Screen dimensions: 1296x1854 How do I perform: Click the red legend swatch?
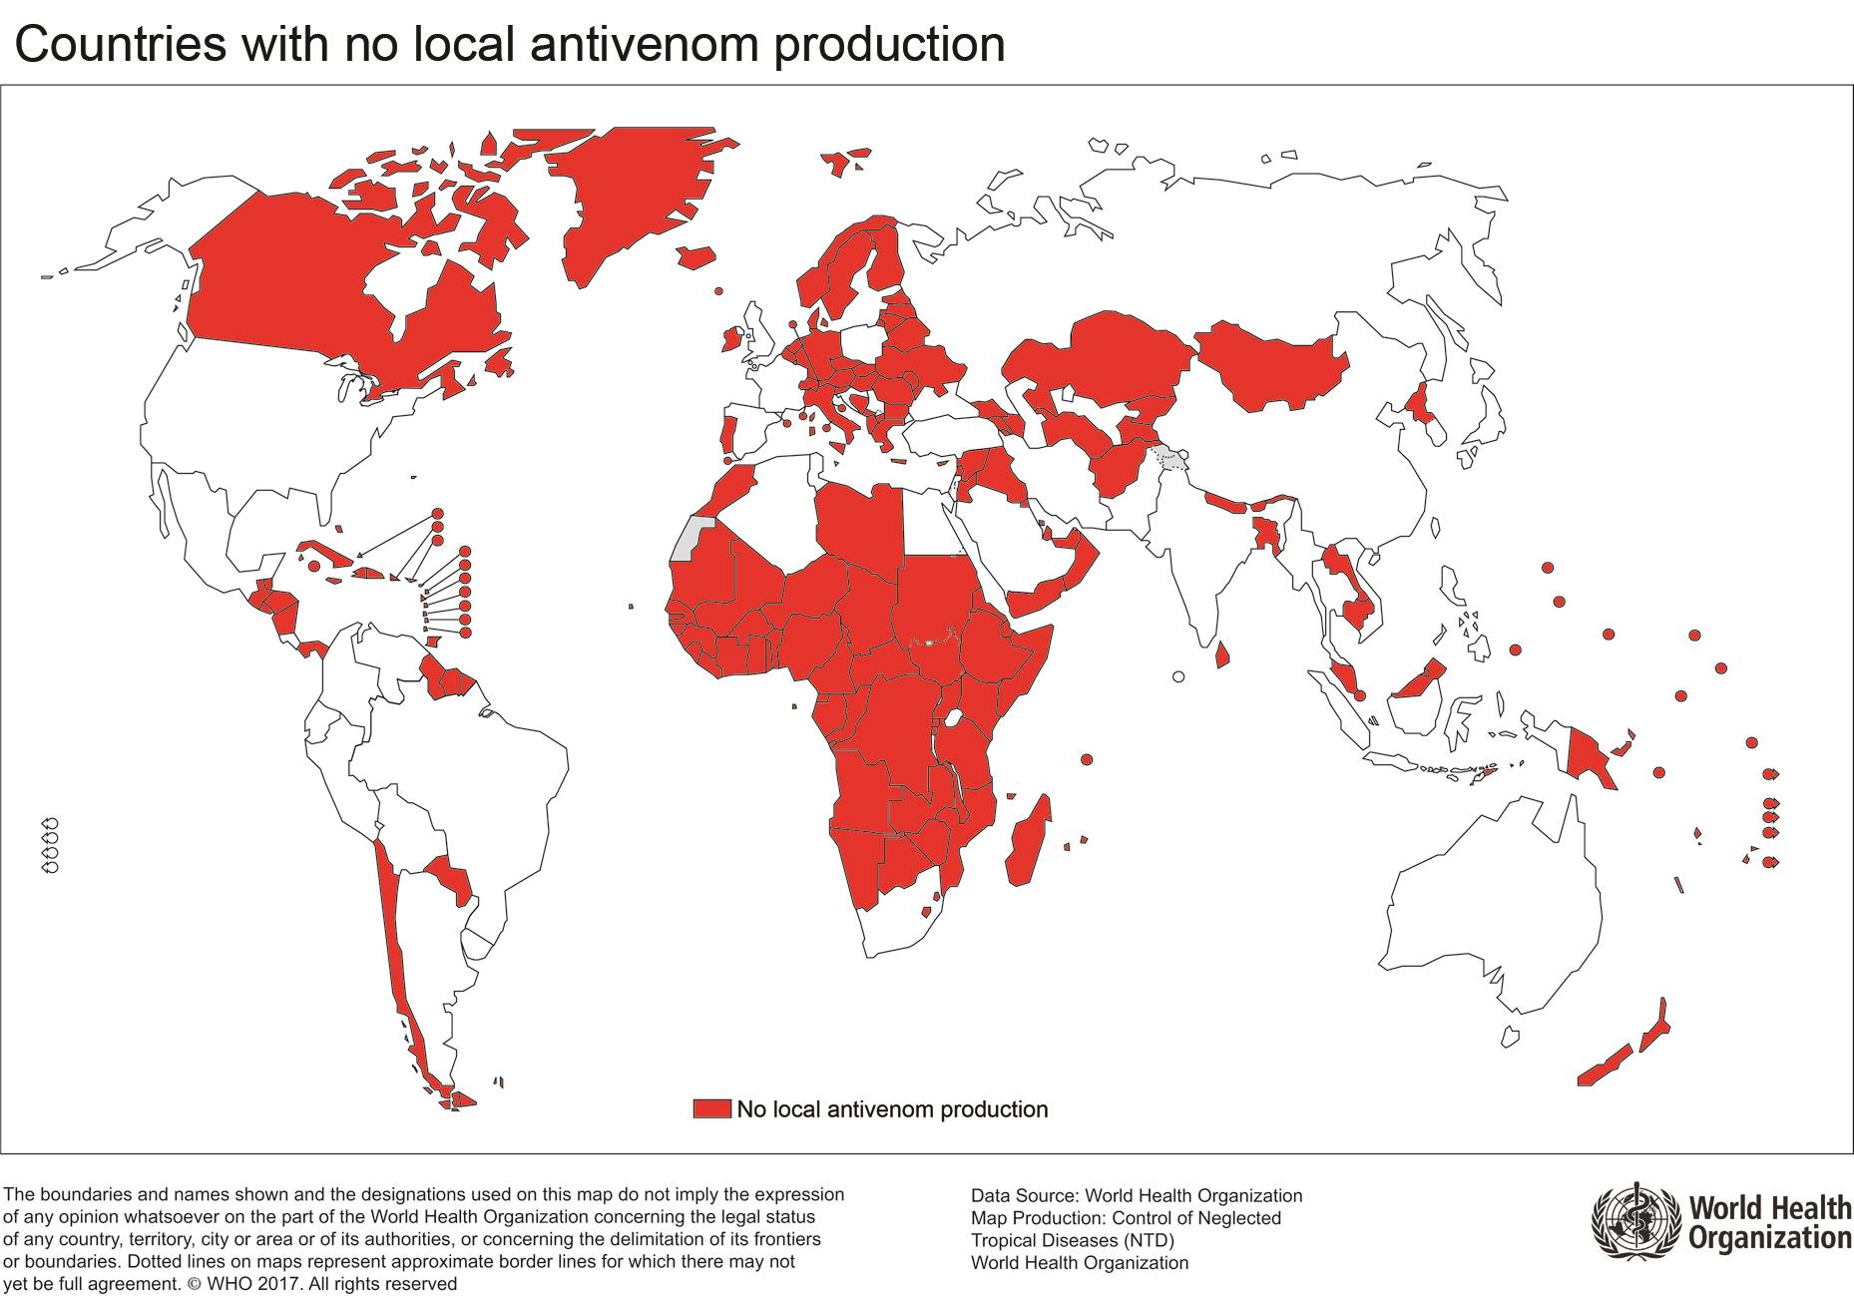tap(712, 1108)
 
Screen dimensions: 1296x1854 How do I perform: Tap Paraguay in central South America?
tap(449, 878)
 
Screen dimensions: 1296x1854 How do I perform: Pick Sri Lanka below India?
tap(1221, 655)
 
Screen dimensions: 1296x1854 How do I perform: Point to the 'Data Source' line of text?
tap(1136, 1195)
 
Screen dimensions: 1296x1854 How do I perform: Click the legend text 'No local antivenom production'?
tap(892, 1108)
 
